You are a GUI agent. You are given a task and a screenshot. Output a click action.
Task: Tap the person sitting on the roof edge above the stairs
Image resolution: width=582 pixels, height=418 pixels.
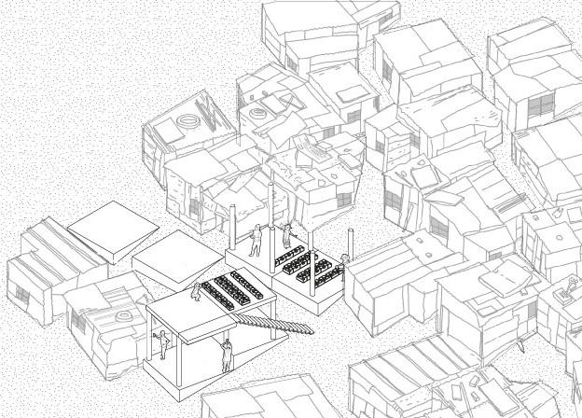pos(196,290)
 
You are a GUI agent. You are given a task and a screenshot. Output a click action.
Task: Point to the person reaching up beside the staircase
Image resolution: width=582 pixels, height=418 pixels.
pos(227,354)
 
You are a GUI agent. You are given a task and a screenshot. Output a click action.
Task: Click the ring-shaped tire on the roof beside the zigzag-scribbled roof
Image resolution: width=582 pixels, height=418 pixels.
pos(257,114)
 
